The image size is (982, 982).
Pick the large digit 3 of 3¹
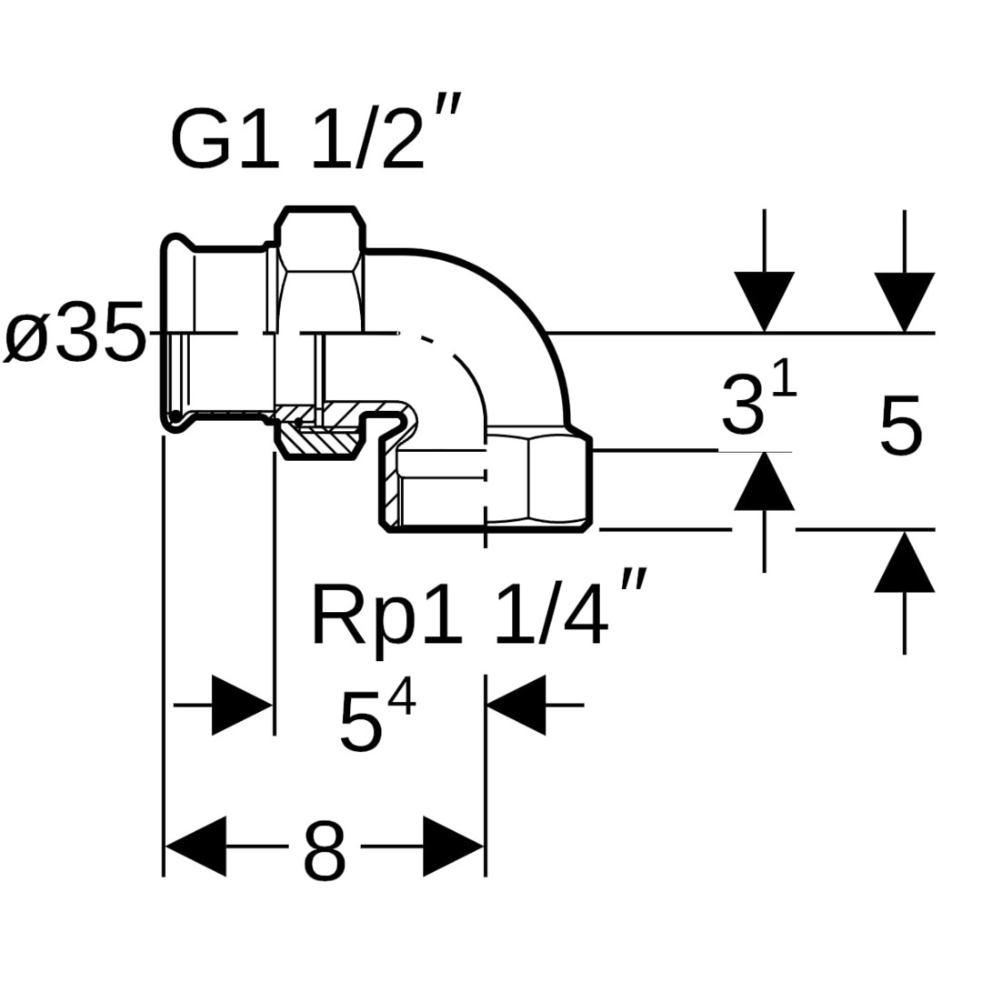[741, 406]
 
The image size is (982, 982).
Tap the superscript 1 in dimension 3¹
[785, 380]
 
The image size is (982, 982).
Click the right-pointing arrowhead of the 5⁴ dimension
[242, 705]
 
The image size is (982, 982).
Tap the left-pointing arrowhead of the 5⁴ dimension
[516, 705]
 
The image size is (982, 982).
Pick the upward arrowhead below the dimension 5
[904, 562]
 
